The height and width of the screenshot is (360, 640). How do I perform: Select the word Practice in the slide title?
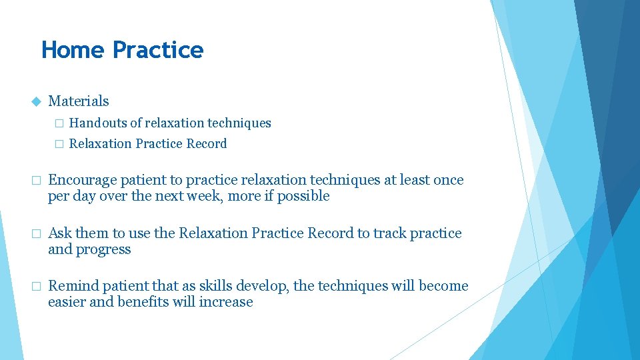[x=158, y=50]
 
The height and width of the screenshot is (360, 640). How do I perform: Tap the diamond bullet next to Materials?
[x=36, y=101]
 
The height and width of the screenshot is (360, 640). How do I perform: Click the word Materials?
[x=79, y=101]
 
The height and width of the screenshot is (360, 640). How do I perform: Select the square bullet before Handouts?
[x=58, y=123]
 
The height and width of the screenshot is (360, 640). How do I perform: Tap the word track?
[x=390, y=233]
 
